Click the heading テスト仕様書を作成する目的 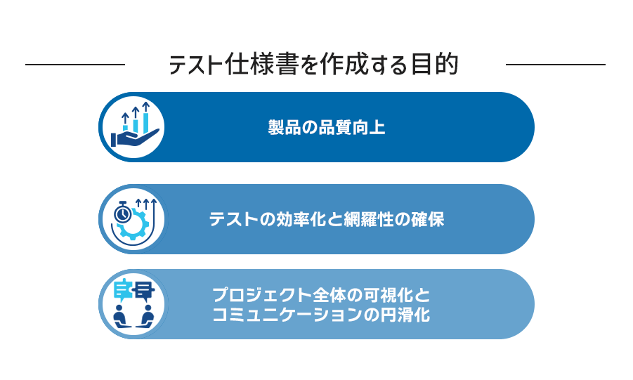point(313,64)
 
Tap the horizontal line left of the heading point(75,64)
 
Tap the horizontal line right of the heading point(556,64)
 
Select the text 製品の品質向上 point(327,127)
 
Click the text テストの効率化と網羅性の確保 point(327,219)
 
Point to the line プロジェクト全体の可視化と point(321,295)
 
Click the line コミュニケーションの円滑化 point(321,315)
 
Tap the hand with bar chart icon point(135,125)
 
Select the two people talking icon point(134,303)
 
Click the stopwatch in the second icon point(122,212)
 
